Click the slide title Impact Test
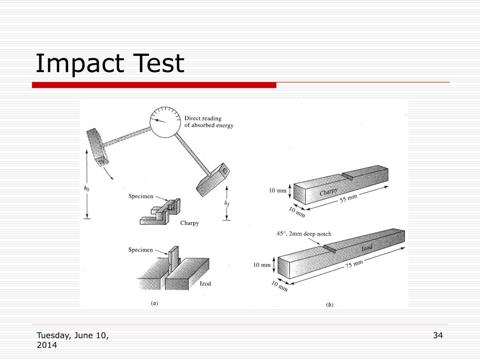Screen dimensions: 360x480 [110, 64]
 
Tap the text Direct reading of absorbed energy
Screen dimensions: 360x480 [209, 122]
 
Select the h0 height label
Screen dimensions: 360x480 [86, 188]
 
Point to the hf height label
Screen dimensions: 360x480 [227, 203]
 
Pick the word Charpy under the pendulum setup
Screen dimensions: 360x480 [189, 223]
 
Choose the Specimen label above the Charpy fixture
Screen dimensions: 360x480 [141, 196]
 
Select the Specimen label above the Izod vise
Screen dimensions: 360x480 [141, 250]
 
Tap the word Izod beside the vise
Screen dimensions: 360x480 [205, 284]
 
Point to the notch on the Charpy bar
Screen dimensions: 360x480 [347, 175]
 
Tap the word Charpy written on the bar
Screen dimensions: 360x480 [329, 192]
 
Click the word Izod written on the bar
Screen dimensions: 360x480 [368, 247]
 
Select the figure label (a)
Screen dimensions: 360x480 [154, 303]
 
